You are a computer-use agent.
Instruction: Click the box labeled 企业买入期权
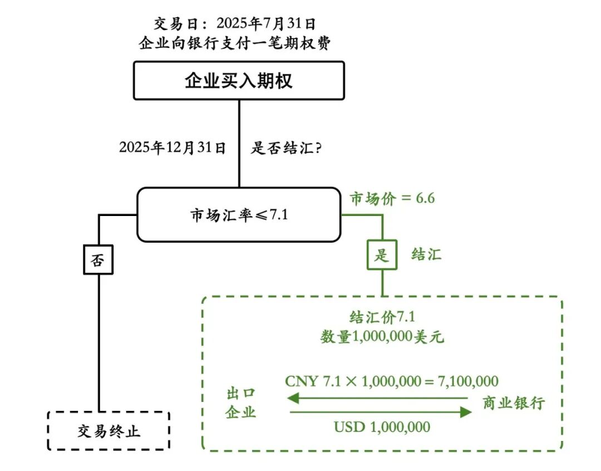pyautogui.click(x=239, y=81)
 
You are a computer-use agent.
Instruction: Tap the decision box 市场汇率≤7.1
pyautogui.click(x=239, y=214)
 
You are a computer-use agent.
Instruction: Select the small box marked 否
pyautogui.click(x=98, y=260)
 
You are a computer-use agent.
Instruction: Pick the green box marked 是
pyautogui.click(x=382, y=255)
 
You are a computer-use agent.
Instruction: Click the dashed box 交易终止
pyautogui.click(x=108, y=430)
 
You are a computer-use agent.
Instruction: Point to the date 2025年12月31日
pyautogui.click(x=173, y=148)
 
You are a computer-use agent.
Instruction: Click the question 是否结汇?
pyautogui.click(x=286, y=148)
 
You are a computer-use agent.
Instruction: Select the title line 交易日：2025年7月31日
pyautogui.click(x=235, y=23)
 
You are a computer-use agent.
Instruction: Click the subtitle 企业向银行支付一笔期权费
pyautogui.click(x=235, y=43)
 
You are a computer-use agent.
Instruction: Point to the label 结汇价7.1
pyautogui.click(x=382, y=317)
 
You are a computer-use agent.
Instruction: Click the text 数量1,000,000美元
pyautogui.click(x=382, y=337)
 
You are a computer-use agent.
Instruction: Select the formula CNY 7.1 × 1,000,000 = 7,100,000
pyautogui.click(x=391, y=381)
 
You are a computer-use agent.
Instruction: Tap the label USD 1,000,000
pyautogui.click(x=382, y=427)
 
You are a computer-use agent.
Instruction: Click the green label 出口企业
pyautogui.click(x=241, y=403)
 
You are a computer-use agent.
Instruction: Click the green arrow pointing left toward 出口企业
pyautogui.click(x=378, y=398)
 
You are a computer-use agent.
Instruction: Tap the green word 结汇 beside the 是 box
pyautogui.click(x=426, y=255)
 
